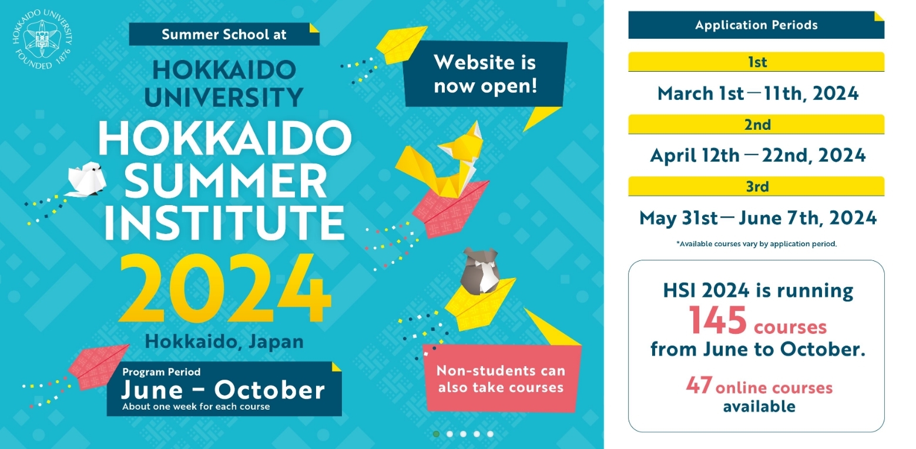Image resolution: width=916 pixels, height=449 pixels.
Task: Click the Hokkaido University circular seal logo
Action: click(x=42, y=39)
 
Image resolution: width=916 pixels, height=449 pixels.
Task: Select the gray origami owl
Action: click(x=480, y=271)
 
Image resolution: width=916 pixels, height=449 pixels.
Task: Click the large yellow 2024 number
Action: click(x=224, y=289)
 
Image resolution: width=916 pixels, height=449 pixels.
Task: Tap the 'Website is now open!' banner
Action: click(x=485, y=74)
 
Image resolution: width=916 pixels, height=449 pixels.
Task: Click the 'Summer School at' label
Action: click(x=224, y=34)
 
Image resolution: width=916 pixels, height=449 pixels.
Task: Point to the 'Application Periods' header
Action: click(x=756, y=25)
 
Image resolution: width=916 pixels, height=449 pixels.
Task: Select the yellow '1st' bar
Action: click(x=756, y=62)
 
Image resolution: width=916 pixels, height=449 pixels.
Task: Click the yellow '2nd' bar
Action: click(x=756, y=125)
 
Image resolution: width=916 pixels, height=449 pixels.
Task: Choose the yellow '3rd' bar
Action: click(x=756, y=186)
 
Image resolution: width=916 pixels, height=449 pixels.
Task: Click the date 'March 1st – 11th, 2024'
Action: click(x=758, y=93)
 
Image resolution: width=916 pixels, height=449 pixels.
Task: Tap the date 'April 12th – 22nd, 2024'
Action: click(x=758, y=156)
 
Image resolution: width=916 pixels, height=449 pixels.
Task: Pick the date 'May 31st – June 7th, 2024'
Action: click(x=758, y=218)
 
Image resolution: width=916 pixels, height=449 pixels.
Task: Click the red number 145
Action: click(x=717, y=320)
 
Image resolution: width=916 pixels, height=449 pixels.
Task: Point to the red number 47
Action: click(x=699, y=385)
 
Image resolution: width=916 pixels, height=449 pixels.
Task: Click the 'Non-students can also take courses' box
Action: click(x=502, y=378)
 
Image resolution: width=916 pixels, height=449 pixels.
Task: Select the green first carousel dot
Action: click(x=437, y=434)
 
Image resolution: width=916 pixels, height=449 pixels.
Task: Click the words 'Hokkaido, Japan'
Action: click(x=224, y=341)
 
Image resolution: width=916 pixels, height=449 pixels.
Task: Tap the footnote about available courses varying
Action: click(x=757, y=244)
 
